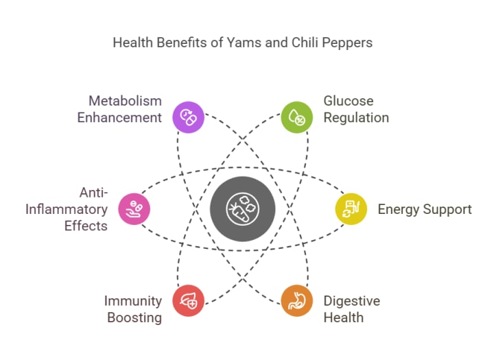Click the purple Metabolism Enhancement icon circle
click(188, 117)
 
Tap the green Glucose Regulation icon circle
click(297, 117)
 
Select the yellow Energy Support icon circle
click(351, 209)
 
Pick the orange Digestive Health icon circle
click(297, 300)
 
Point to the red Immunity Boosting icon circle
click(188, 300)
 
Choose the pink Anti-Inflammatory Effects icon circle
click(134, 209)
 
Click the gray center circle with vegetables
click(242, 208)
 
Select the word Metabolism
click(124, 101)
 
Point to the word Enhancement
click(119, 117)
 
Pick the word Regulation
click(356, 117)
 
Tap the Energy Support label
click(425, 209)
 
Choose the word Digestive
click(352, 300)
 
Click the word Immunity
click(133, 300)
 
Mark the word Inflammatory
click(67, 209)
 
